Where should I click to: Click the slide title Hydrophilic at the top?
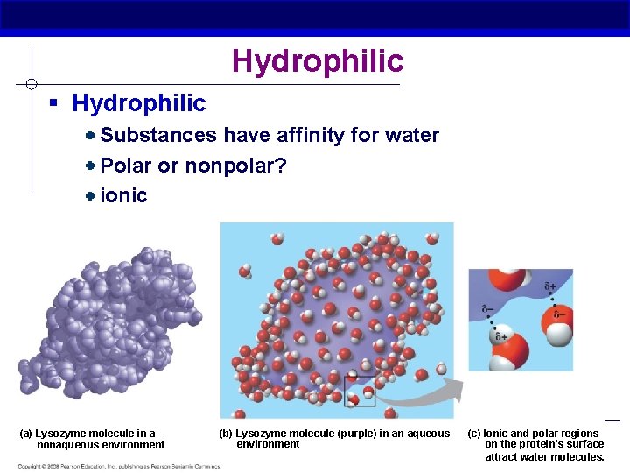coord(318,61)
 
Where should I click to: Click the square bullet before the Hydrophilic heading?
coord(53,103)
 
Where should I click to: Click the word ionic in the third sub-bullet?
coord(124,195)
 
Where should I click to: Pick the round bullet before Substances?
coord(91,136)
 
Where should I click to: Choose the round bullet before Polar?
coord(91,166)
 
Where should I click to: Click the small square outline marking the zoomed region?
coord(359,392)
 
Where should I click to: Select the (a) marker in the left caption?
coord(25,434)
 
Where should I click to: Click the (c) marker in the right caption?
coord(473,434)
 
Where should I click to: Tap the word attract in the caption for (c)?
coord(501,456)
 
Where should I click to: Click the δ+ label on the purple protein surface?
coord(549,286)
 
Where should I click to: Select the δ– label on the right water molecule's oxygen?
coord(559,314)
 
